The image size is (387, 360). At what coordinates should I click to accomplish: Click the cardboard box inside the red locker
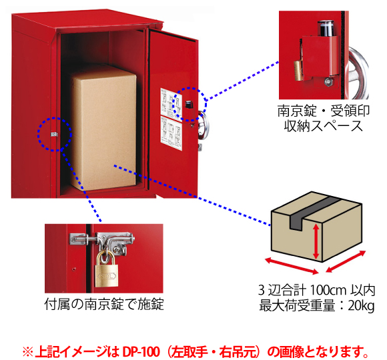pyautogui.click(x=103, y=127)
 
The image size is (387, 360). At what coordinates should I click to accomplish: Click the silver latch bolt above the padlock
pyautogui.click(x=101, y=239)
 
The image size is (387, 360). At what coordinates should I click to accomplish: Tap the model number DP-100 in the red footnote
pyautogui.click(x=141, y=352)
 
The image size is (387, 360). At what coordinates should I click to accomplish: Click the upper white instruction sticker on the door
pyautogui.click(x=171, y=103)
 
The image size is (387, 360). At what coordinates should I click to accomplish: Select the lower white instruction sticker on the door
pyautogui.click(x=171, y=133)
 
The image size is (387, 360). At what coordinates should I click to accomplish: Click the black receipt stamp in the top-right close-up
pyautogui.click(x=326, y=29)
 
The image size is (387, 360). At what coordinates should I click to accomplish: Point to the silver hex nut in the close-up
pyautogui.click(x=328, y=81)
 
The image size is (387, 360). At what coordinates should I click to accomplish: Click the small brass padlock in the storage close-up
pyautogui.click(x=298, y=71)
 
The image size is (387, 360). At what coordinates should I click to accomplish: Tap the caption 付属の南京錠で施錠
pyautogui.click(x=104, y=304)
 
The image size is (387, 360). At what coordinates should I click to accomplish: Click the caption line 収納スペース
pyautogui.click(x=324, y=126)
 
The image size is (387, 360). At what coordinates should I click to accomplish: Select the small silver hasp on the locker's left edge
pyautogui.click(x=54, y=135)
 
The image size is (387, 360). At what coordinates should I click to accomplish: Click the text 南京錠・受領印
pyautogui.click(x=324, y=111)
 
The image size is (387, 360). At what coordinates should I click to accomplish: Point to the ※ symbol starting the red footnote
pyautogui.click(x=27, y=352)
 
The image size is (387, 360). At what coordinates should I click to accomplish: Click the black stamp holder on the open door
pyautogui.click(x=189, y=105)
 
